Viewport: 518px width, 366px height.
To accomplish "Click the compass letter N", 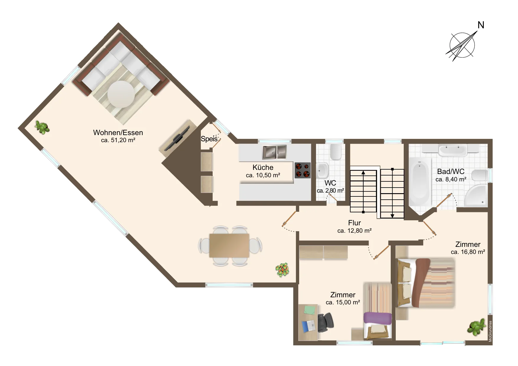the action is click(x=481, y=25).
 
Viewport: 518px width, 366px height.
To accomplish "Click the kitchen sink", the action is click(x=274, y=152).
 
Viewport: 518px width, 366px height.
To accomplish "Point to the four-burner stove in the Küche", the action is click(x=303, y=170).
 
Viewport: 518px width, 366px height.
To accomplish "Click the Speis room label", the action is click(x=209, y=139).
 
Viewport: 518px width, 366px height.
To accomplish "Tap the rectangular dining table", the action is click(x=229, y=245).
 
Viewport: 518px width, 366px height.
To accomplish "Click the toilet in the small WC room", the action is click(x=335, y=152).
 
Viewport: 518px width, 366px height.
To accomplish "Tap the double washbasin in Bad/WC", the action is click(x=452, y=150).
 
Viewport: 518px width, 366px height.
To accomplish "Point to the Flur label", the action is click(x=354, y=223).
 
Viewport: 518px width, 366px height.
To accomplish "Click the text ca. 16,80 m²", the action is click(x=468, y=252).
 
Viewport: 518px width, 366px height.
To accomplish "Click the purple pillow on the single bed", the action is click(x=377, y=318).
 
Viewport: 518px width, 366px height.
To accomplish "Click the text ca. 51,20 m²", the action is click(x=118, y=140).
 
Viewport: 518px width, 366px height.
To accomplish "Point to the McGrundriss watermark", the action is click(x=490, y=331).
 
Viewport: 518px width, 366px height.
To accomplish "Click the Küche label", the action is click(x=263, y=167).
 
